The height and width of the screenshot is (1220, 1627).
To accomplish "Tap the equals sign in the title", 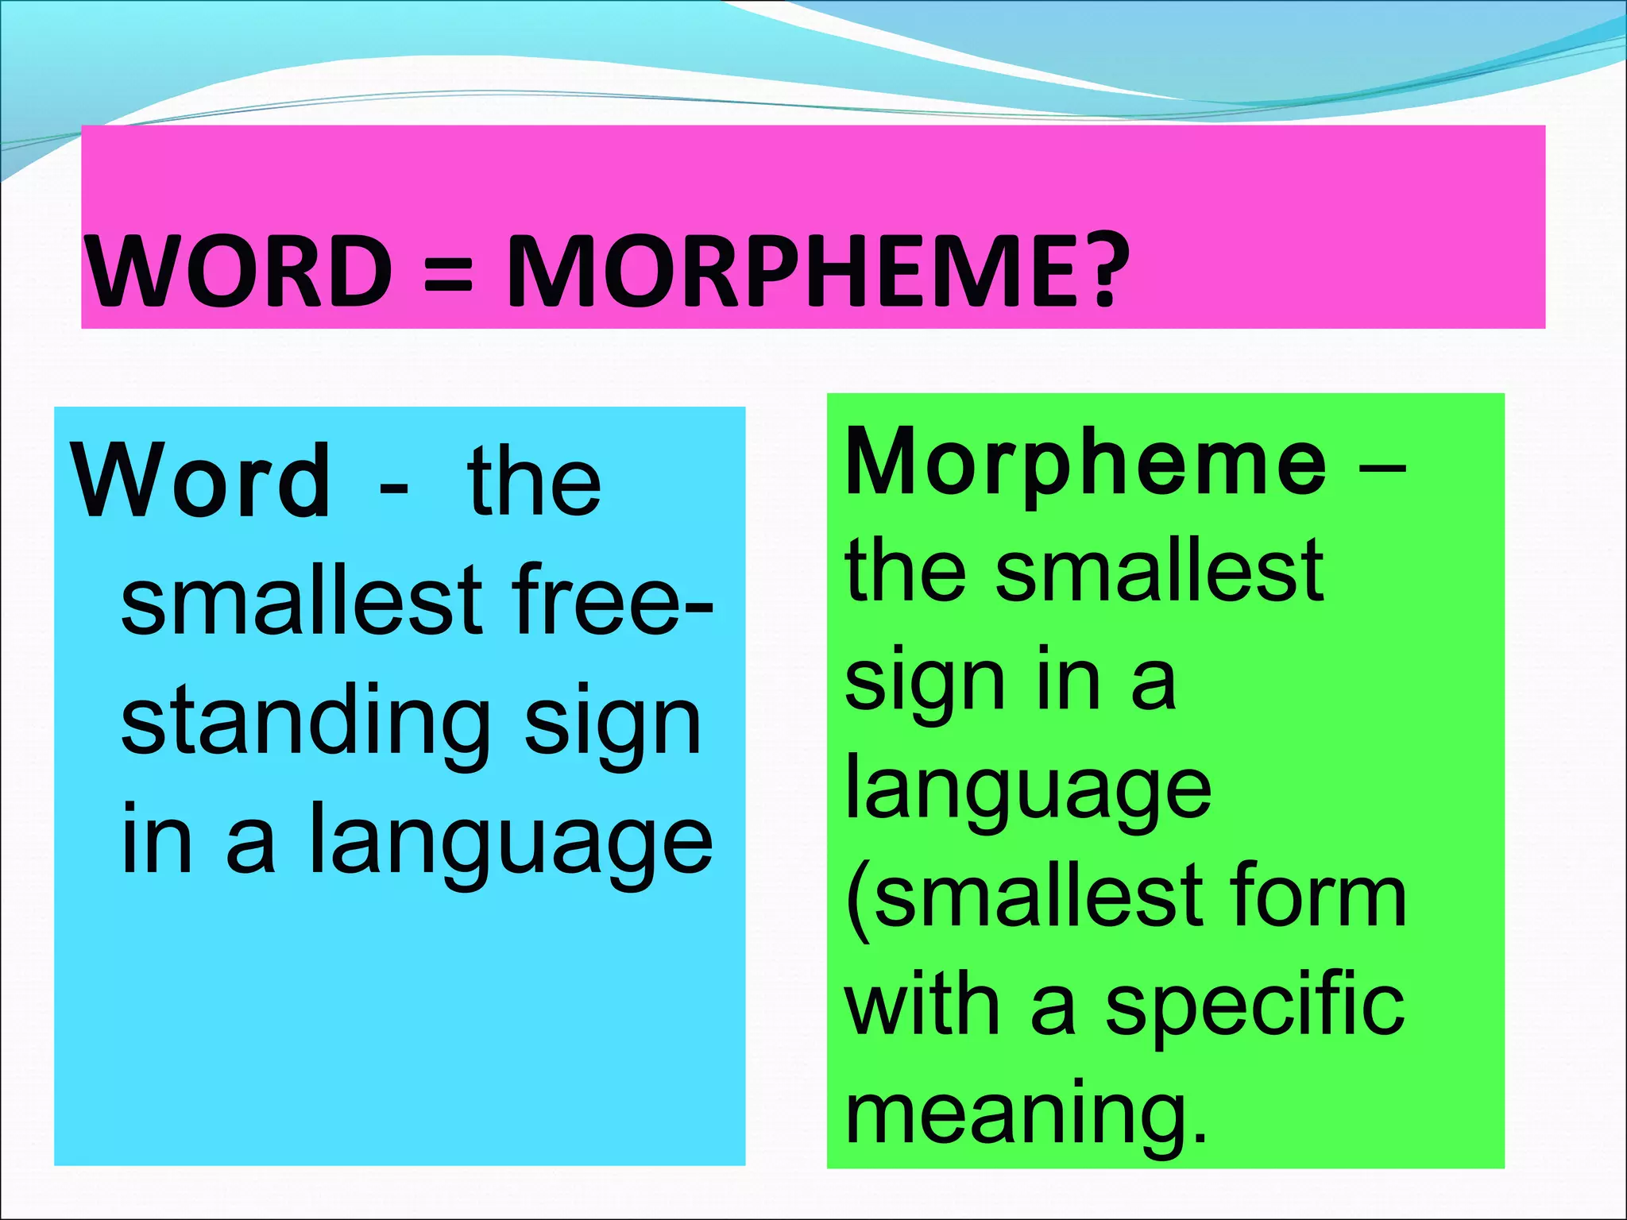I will click(449, 272).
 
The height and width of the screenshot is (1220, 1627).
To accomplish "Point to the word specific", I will click(1254, 1006).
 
